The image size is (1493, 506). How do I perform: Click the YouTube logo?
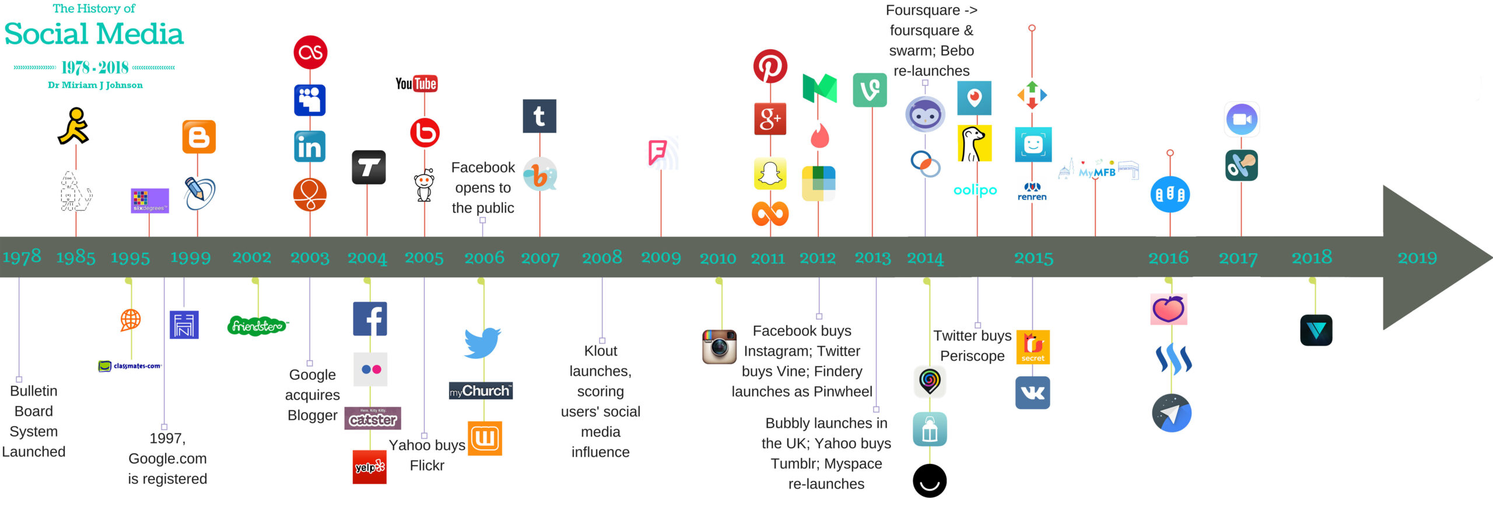coord(416,84)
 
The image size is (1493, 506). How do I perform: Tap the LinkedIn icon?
coord(310,146)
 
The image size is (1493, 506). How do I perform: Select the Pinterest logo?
coord(770,66)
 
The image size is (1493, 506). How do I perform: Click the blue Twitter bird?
coord(483,343)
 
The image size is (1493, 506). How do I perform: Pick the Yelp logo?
coord(370,467)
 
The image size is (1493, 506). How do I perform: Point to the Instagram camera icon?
coord(719,347)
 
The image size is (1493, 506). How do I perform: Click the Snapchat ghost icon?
coord(770,173)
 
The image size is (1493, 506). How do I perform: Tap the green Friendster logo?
coord(257,326)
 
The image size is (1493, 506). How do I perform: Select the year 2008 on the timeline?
coord(602,257)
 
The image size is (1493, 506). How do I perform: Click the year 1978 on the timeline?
coord(22,257)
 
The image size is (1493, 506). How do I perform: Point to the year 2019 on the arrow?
coord(1417,257)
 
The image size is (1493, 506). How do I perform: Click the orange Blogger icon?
coord(199,137)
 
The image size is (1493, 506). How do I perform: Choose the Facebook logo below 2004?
coord(370,319)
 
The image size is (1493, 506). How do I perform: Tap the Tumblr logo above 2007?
coord(539,116)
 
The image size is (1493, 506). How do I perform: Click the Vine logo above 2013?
coord(870,90)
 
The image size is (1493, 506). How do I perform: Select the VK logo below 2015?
coord(1033,393)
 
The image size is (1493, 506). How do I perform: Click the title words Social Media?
coord(94,34)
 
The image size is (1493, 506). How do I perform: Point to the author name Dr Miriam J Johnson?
coord(95,85)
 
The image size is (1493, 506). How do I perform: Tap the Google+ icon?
coord(770,119)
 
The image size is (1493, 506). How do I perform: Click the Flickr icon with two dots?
coord(371,369)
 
